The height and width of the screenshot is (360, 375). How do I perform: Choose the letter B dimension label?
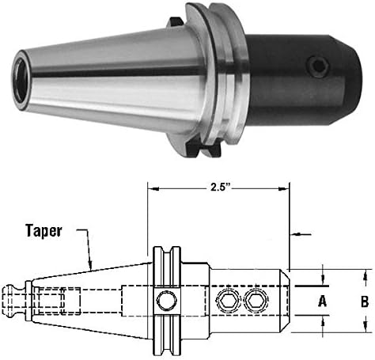365,301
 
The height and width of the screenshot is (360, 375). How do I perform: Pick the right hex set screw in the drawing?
253,301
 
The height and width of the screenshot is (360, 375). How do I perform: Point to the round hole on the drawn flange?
165,301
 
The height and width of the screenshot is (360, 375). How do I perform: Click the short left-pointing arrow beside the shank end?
294,235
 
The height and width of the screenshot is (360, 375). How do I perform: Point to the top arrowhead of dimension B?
365,273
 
